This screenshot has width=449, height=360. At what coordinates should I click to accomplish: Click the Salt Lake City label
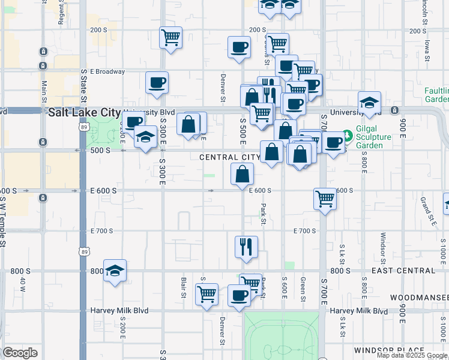pos(84,112)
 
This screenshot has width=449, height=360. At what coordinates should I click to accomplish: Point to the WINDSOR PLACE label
pos(398,350)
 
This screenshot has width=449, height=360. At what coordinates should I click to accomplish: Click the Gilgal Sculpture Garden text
pos(372,137)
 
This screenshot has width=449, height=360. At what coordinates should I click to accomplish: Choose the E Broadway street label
pos(107,71)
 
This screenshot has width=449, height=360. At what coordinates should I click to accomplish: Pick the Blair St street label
pos(184,287)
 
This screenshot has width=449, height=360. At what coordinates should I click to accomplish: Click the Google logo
pos(20,353)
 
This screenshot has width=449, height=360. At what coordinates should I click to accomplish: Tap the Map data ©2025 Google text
pos(412,355)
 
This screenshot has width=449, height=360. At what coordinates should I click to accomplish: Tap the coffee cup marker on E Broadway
pos(157,82)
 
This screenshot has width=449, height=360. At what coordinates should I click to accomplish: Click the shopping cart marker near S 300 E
pos(171,37)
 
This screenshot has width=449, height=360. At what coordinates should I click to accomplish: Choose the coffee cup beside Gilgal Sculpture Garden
pos(333,142)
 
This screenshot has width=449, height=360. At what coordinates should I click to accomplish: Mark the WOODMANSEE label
pos(418,298)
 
